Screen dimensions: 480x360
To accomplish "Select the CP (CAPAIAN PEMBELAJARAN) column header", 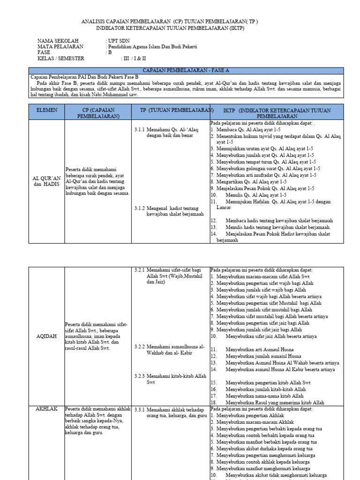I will pos(98,113).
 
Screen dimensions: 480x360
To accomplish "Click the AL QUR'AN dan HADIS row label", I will pos(47,181).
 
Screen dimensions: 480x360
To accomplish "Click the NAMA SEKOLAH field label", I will pos(59,41).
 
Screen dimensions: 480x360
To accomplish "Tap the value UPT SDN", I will pos(119,41).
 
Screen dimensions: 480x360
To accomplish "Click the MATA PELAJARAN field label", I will pos(60,47).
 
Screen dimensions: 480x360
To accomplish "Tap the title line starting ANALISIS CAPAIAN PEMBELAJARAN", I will pos(170,22).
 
